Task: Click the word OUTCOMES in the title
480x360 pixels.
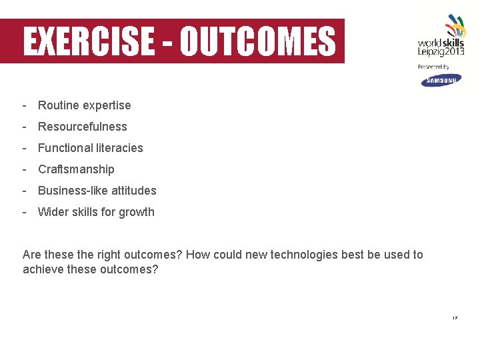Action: (258, 41)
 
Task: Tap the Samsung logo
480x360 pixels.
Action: (440, 80)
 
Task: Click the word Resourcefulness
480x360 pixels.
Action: (82, 127)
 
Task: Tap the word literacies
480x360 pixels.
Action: (119, 148)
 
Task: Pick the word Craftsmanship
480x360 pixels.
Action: (76, 169)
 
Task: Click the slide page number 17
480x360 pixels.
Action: (455, 318)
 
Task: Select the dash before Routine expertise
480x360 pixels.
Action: (24, 105)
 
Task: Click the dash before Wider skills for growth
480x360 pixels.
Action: (24, 212)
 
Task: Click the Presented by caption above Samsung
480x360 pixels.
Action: (433, 67)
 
